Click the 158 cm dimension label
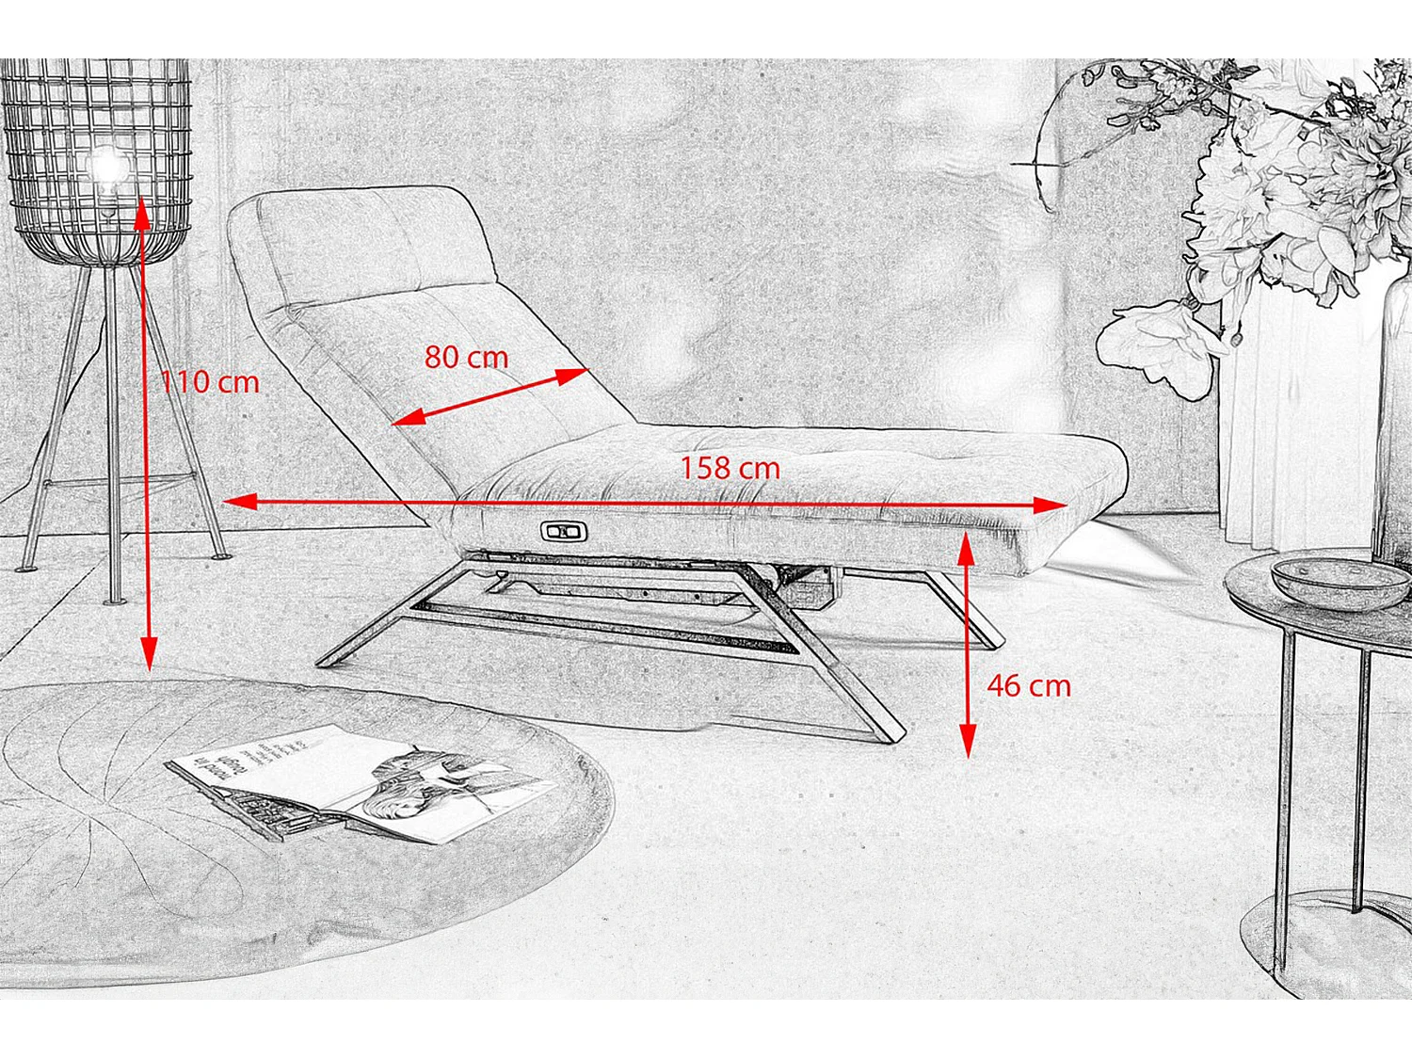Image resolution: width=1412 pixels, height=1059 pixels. coord(730,468)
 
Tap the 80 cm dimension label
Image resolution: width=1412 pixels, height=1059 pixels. coord(466,358)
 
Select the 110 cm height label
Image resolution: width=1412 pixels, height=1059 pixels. coord(209,382)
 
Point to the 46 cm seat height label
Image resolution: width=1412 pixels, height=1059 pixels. coord(1029,685)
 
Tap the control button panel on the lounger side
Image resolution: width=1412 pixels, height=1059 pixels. coord(564,532)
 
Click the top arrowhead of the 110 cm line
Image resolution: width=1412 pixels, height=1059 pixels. coord(142,213)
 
